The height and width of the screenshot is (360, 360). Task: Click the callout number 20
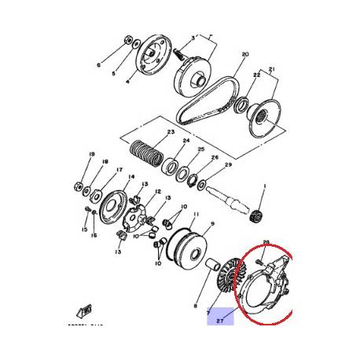[245, 54]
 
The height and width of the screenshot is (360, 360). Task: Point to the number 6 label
[99, 65]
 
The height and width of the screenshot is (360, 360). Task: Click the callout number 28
[266, 242]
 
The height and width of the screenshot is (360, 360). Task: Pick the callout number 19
[92, 154]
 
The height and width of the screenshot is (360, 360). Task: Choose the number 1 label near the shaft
[264, 186]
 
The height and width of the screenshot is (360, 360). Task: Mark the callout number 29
[229, 165]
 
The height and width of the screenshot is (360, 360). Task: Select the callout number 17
[119, 170]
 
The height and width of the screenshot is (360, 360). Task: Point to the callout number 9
[211, 224]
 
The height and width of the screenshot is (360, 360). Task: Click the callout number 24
[186, 142]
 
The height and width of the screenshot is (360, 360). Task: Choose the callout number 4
[129, 79]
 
